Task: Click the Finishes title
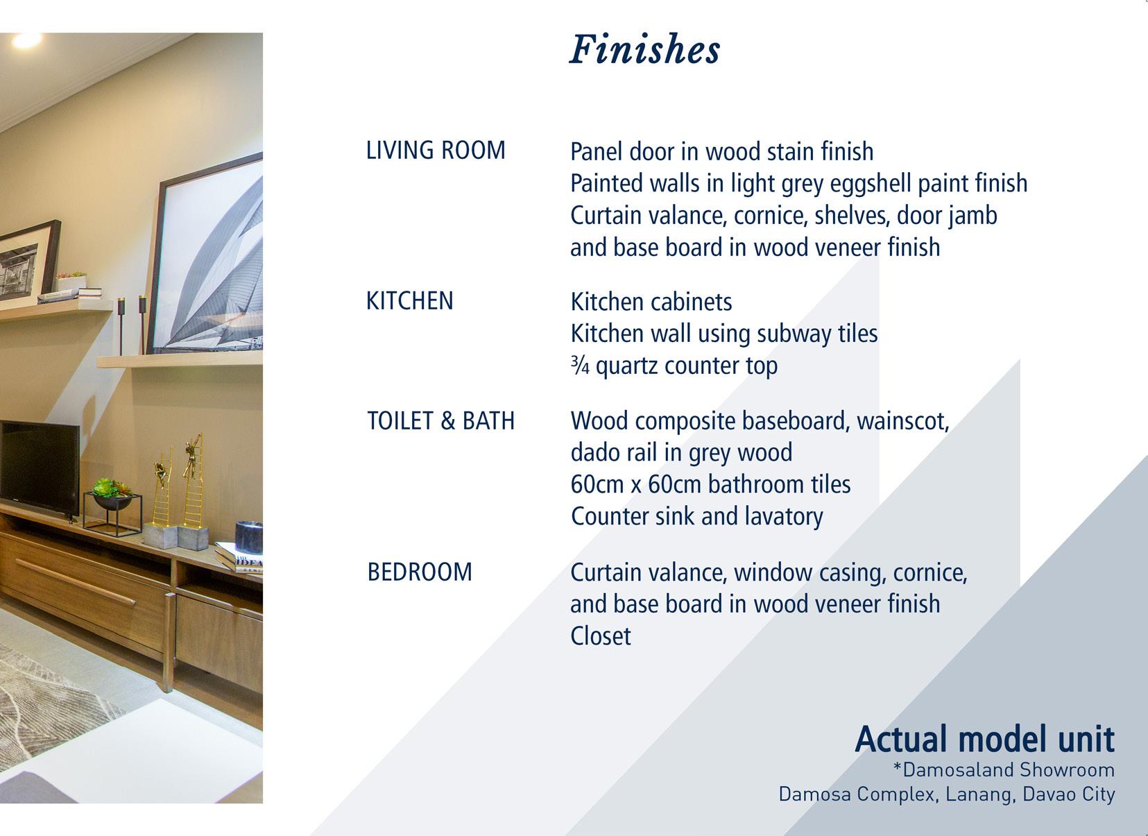pos(644,50)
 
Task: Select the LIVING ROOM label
pos(436,151)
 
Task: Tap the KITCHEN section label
pos(409,301)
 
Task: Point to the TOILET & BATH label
pos(440,421)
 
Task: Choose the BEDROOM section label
pos(420,572)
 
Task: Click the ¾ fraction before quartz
pos(580,366)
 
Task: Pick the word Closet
pos(601,636)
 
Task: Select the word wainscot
pos(903,421)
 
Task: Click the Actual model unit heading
pos(984,739)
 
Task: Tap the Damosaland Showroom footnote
pos(1004,770)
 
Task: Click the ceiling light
pos(26,40)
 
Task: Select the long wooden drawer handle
pos(76,582)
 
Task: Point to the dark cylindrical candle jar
pos(249,537)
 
